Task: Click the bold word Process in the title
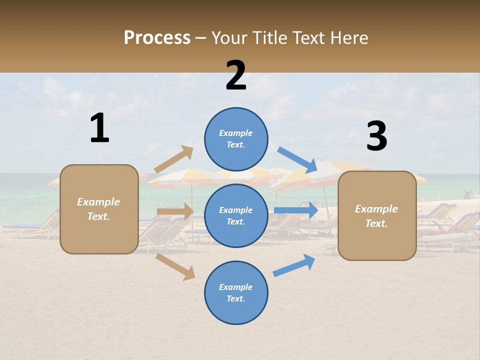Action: (x=157, y=38)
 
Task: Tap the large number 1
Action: (x=99, y=128)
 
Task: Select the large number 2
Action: (x=236, y=75)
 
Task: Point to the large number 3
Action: (x=376, y=136)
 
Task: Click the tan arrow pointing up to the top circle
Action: (x=174, y=159)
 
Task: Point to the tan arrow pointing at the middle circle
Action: (x=175, y=211)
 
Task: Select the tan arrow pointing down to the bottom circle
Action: (x=175, y=266)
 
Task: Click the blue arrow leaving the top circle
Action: (x=298, y=159)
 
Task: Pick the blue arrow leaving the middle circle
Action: (x=296, y=210)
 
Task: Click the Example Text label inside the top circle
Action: (x=236, y=139)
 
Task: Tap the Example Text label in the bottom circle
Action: (x=236, y=293)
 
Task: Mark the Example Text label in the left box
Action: (x=98, y=209)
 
